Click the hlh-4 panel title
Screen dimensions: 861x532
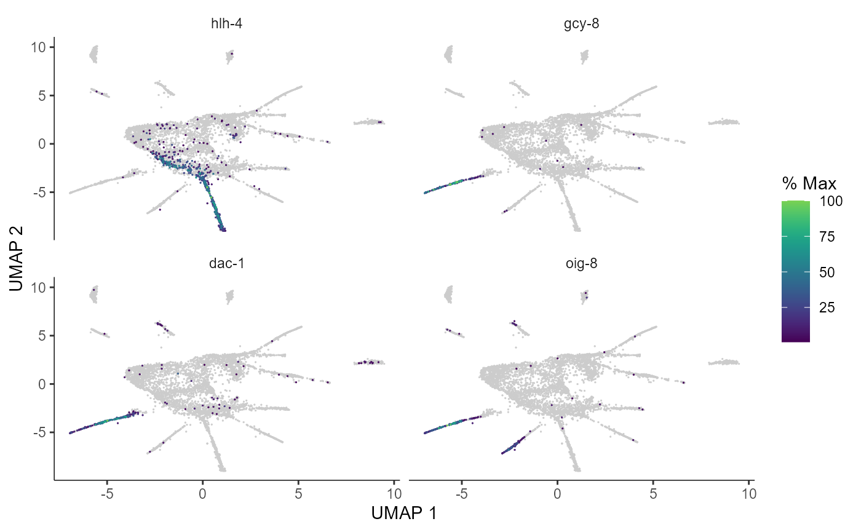(x=226, y=23)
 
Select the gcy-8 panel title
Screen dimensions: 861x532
(x=581, y=24)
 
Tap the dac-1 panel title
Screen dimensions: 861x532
(x=226, y=263)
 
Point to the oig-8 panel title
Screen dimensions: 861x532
(x=581, y=264)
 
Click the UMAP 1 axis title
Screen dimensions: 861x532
(x=404, y=513)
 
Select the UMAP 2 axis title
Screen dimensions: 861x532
(x=16, y=259)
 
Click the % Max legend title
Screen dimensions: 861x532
(x=809, y=184)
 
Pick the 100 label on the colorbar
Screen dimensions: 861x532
(x=831, y=201)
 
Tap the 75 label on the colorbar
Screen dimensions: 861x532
(x=827, y=236)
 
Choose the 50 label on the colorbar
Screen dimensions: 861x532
(x=827, y=272)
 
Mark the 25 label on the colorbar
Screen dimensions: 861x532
(x=827, y=308)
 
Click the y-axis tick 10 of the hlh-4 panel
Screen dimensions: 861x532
(x=38, y=47)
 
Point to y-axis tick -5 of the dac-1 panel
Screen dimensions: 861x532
(x=39, y=432)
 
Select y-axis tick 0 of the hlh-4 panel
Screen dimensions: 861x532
(x=42, y=144)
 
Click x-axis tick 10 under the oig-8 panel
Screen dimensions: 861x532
(x=749, y=493)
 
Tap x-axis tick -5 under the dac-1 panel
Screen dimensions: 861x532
(x=107, y=493)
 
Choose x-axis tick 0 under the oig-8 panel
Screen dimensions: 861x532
(x=557, y=493)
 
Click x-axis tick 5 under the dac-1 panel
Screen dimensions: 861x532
(x=298, y=493)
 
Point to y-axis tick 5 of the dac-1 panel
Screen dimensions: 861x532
(x=42, y=336)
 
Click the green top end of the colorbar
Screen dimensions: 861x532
(x=796, y=202)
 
